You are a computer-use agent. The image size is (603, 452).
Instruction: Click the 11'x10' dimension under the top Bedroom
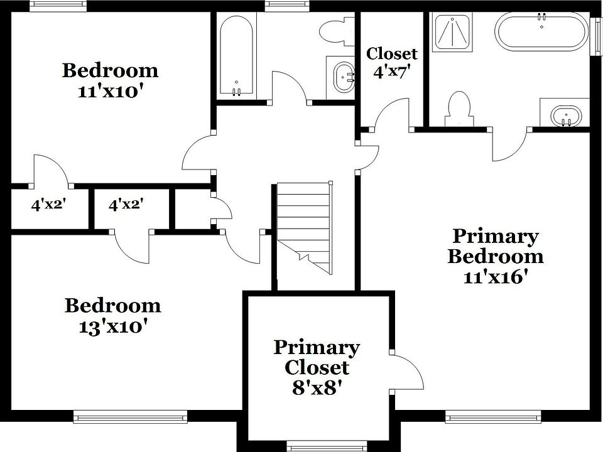click(110, 90)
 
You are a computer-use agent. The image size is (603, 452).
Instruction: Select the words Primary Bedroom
click(495, 246)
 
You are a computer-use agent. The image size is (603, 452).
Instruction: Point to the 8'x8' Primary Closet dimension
click(317, 387)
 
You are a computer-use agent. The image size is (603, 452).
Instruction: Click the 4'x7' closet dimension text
click(392, 72)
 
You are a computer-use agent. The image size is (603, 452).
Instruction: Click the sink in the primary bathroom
click(565, 116)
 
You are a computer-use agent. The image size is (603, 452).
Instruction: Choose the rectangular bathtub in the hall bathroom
click(236, 55)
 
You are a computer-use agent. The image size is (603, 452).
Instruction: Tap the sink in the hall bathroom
click(343, 77)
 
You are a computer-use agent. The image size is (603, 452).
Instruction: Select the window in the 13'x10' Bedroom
click(130, 416)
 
